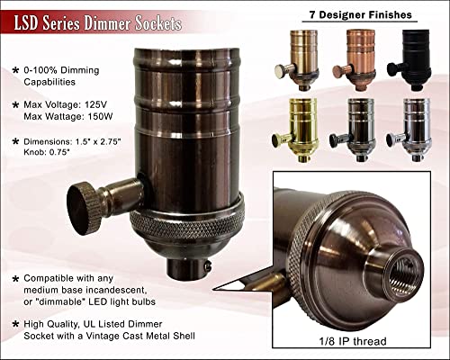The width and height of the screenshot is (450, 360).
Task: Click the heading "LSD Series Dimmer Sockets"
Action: (x=98, y=23)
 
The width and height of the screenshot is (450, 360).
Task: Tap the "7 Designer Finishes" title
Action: (x=360, y=14)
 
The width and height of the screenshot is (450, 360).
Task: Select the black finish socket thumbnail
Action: (x=410, y=60)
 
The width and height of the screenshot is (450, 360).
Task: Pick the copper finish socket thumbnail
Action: (x=355, y=60)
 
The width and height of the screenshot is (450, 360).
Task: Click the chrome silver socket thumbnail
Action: (x=409, y=130)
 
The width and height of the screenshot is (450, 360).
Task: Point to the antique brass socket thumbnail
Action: (x=297, y=60)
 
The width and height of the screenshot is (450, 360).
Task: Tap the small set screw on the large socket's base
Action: (x=207, y=265)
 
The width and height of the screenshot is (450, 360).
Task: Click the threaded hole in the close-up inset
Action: (x=404, y=273)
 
